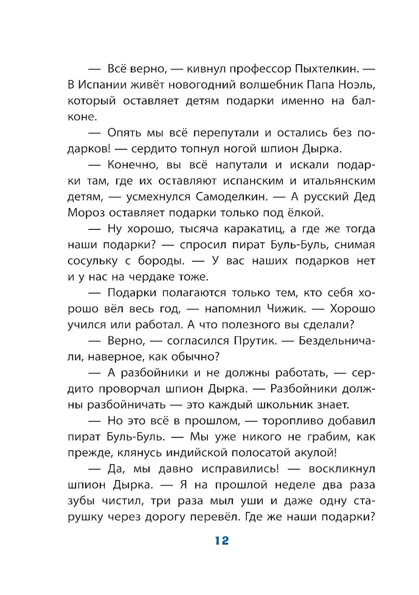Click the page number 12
click(222, 540)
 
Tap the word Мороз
click(86, 213)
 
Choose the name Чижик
click(285, 309)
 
